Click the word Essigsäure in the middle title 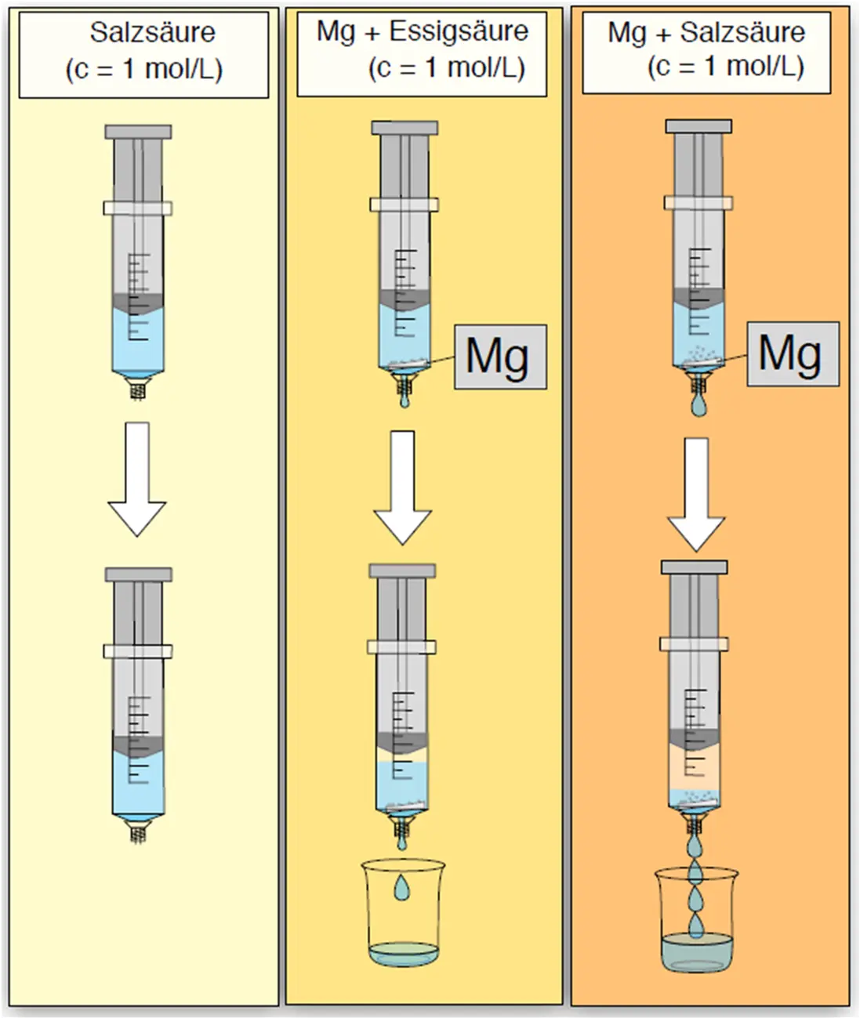tap(459, 32)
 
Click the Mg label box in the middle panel tap(499, 357)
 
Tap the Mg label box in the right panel tap(792, 353)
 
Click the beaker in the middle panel tap(402, 913)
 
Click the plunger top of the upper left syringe tap(138, 132)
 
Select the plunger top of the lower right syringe tap(694, 567)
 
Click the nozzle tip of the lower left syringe tap(138, 834)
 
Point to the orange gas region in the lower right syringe tap(693, 768)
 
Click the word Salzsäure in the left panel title tap(152, 33)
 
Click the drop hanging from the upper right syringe tap(698, 405)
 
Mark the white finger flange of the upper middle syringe tap(404, 205)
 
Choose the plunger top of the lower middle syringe tap(402, 571)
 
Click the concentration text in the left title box tap(144, 69)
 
